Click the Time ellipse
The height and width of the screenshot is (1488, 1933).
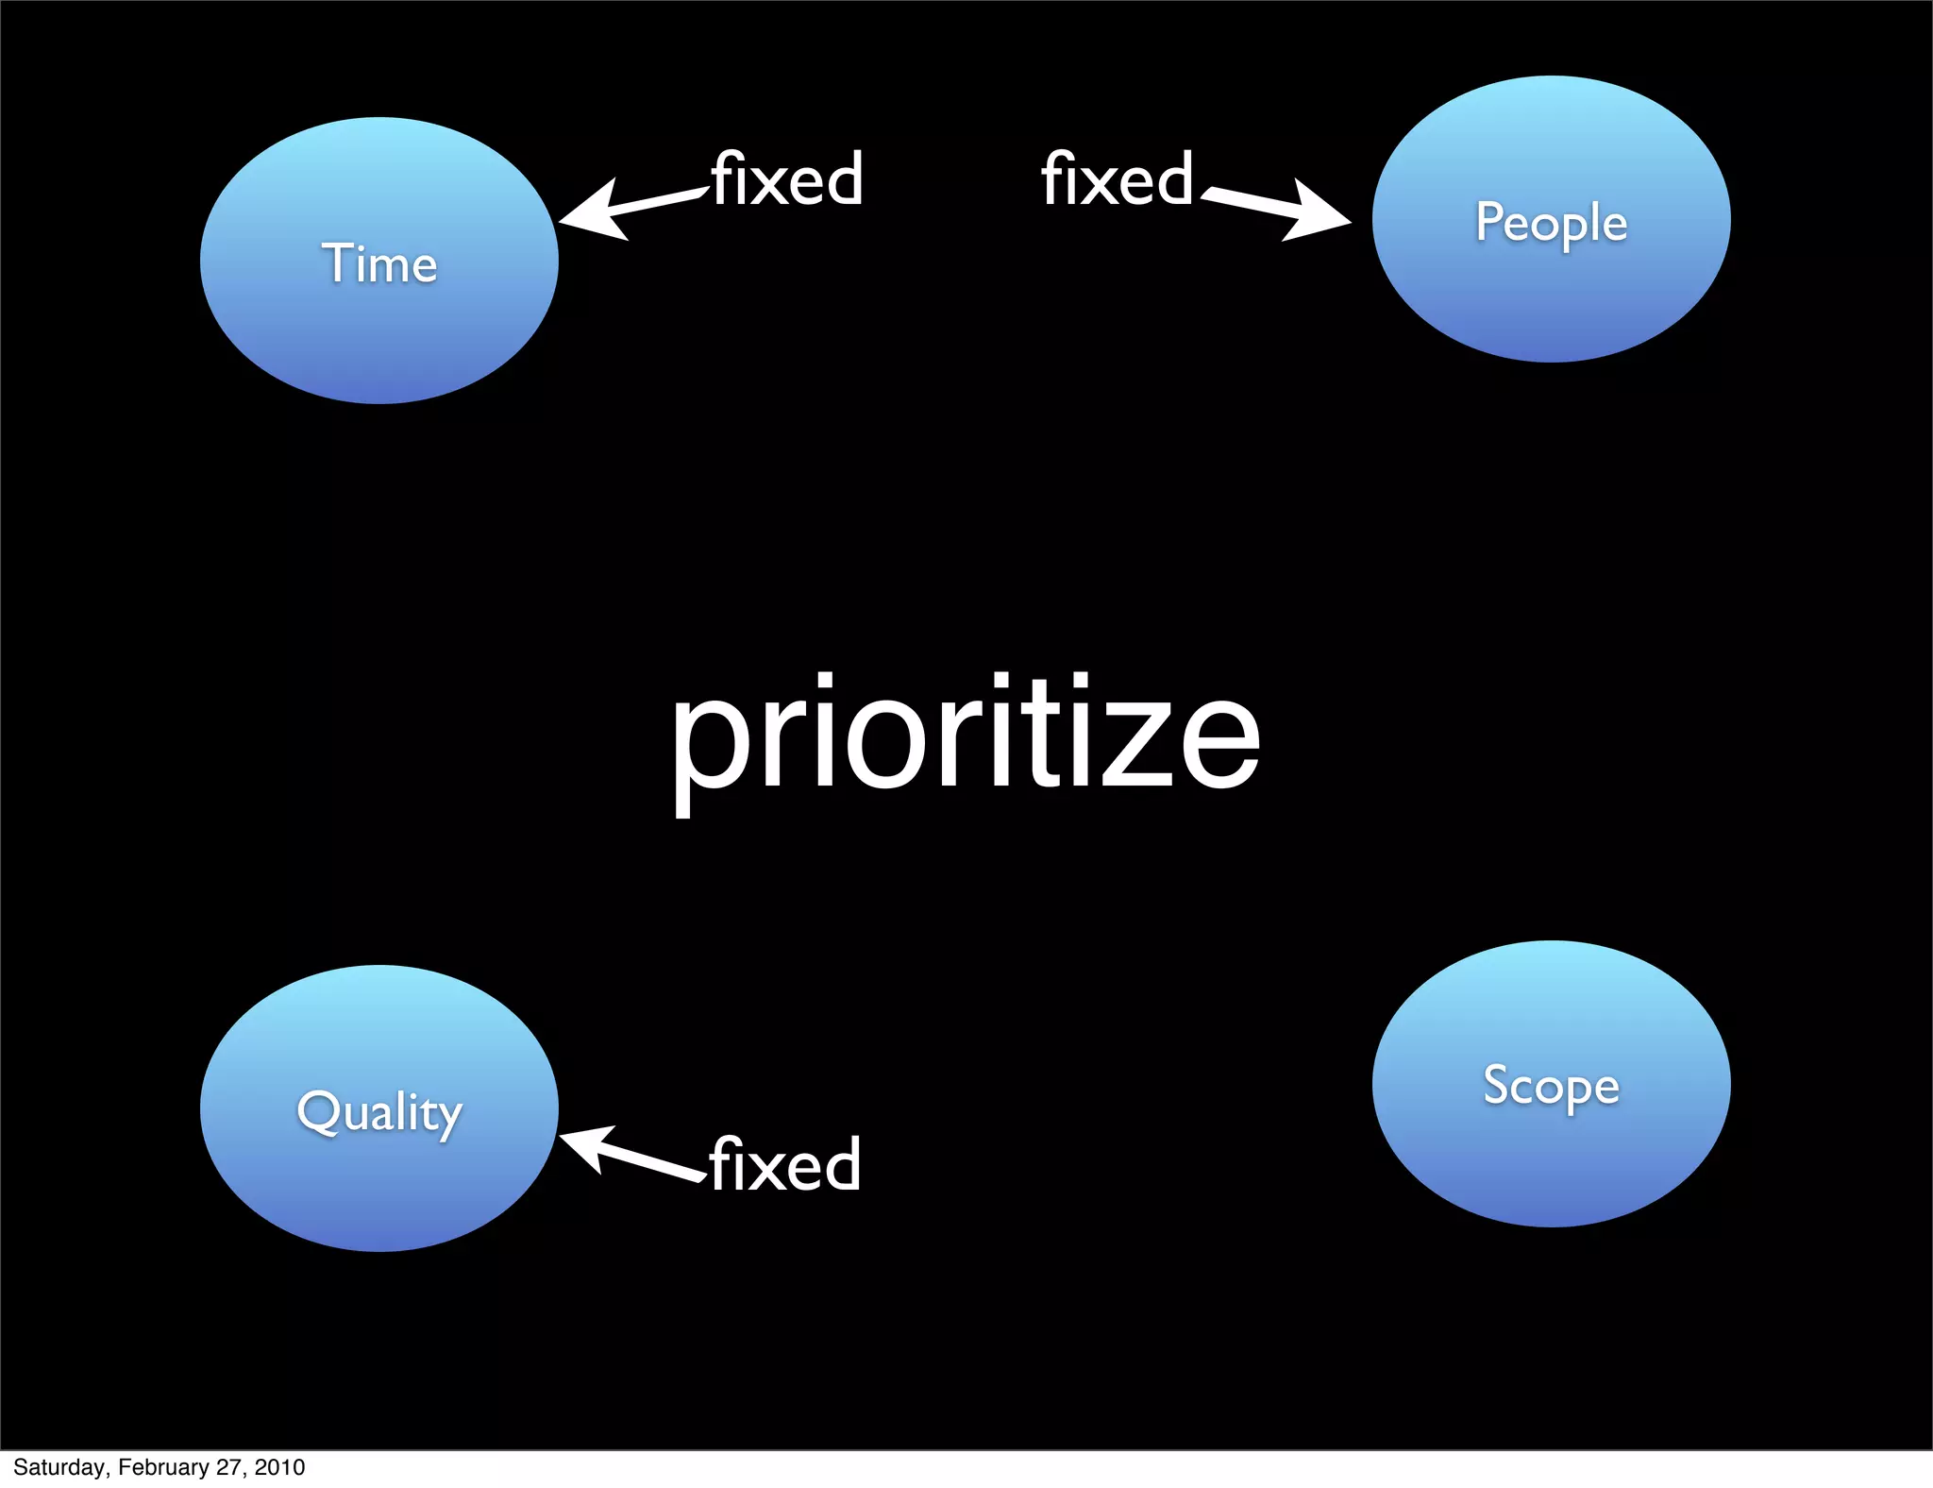pyautogui.click(x=378, y=261)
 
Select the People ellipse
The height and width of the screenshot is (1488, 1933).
pyautogui.click(x=1551, y=219)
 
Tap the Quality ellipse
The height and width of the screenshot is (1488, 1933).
pyautogui.click(x=378, y=1108)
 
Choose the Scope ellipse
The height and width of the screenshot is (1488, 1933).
pyautogui.click(x=1551, y=1084)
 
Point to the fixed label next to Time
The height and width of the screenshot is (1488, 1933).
pyautogui.click(x=787, y=178)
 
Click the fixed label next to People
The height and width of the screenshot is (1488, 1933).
pyautogui.click(x=1118, y=178)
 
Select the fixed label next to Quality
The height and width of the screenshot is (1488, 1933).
pyautogui.click(x=785, y=1164)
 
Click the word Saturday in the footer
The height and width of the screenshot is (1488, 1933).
pyautogui.click(x=59, y=1467)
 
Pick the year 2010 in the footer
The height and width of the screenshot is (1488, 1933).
pyautogui.click(x=279, y=1467)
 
